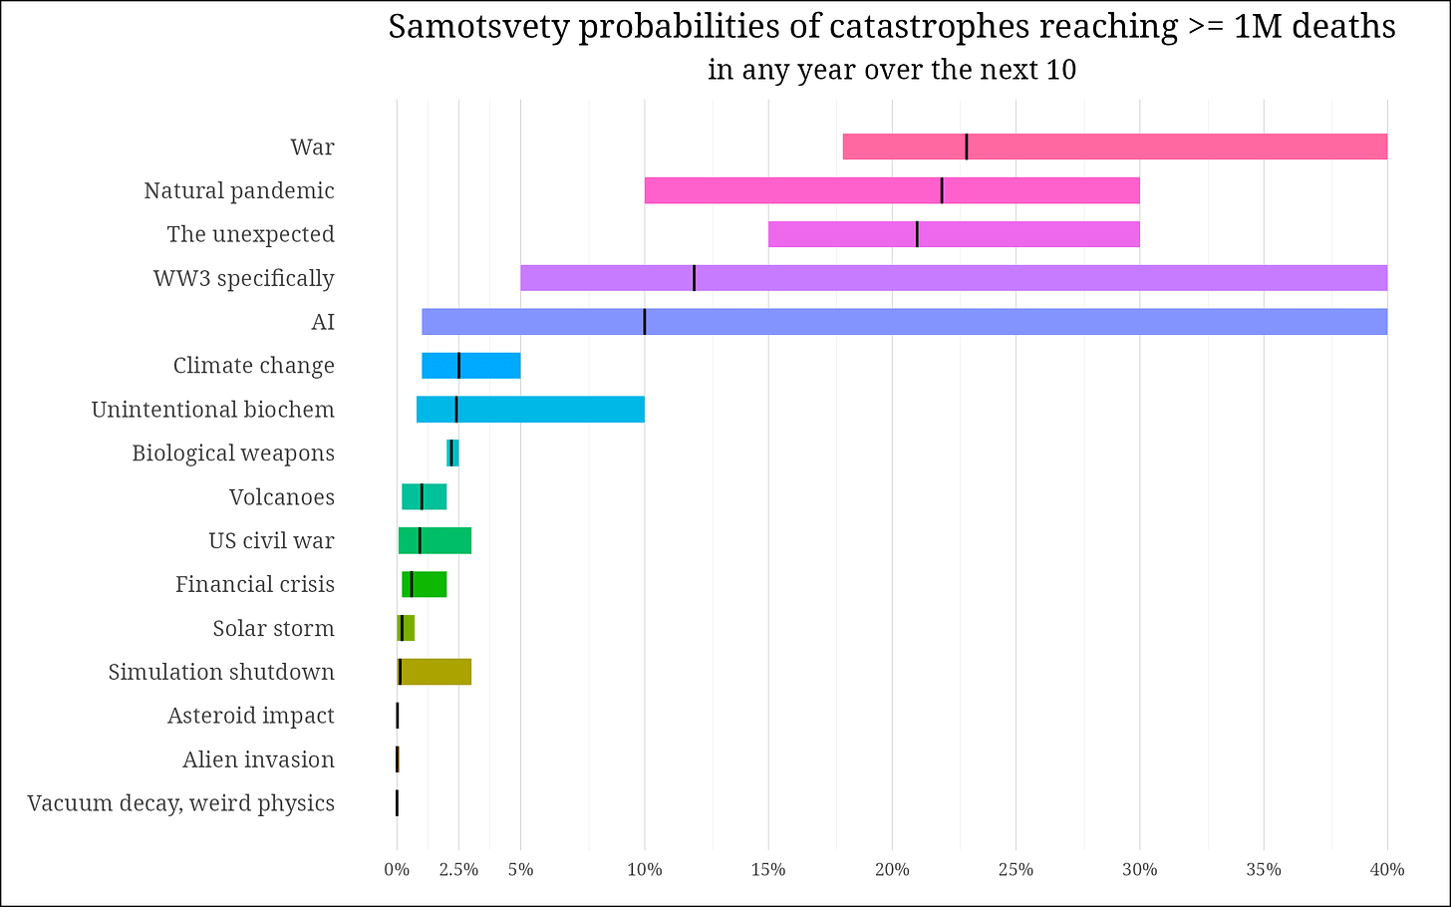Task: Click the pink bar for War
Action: coord(1114,147)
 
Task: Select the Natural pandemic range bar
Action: coord(891,190)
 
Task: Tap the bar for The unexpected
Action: coord(953,234)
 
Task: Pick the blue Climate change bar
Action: coord(470,366)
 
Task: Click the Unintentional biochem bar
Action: coord(529,410)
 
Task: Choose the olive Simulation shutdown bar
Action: coord(435,672)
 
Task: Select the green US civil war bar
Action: coord(435,540)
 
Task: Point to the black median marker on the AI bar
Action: coord(645,322)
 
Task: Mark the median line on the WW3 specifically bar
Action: coord(694,278)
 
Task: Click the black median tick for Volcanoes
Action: coord(422,496)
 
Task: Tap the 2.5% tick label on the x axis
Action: coord(458,870)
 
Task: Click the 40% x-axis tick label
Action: coord(1387,870)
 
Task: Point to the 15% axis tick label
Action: coord(768,870)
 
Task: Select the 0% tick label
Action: coord(397,870)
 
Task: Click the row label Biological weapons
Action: coord(233,453)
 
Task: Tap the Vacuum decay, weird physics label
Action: coord(181,803)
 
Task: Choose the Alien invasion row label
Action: coord(258,759)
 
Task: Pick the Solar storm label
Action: coord(273,628)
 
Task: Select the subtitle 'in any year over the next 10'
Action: coord(892,70)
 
